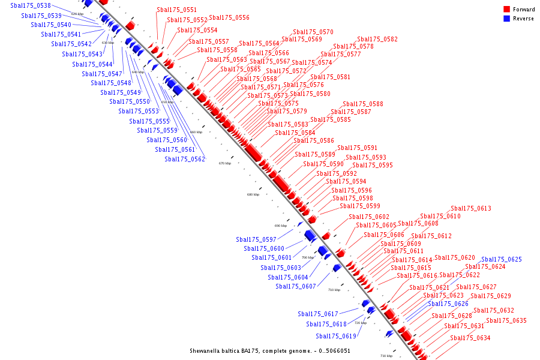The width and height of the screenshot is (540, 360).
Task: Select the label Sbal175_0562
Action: coord(185,159)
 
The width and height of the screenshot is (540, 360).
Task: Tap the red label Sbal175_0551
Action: coord(176,10)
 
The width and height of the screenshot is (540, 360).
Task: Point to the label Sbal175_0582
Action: coord(377,39)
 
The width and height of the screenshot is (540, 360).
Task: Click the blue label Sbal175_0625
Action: coord(502,259)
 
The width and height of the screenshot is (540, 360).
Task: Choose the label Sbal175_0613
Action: coord(471,208)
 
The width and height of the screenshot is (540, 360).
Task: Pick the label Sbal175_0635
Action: coord(506,320)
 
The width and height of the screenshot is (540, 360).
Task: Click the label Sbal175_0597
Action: coord(256,239)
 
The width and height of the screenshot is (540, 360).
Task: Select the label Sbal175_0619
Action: coord(336,336)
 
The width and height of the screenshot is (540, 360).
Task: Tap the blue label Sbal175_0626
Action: coord(448,304)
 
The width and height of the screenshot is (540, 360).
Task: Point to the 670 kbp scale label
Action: coord(224,163)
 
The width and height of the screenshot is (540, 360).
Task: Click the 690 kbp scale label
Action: coord(281,226)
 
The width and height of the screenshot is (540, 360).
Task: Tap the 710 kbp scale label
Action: coord(334,290)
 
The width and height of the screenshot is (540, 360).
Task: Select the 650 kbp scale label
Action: coord(167,102)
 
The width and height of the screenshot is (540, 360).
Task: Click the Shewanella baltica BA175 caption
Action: coord(270,351)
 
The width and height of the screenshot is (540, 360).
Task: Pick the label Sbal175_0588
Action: coord(363,104)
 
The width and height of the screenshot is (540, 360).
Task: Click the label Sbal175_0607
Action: coord(296,286)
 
